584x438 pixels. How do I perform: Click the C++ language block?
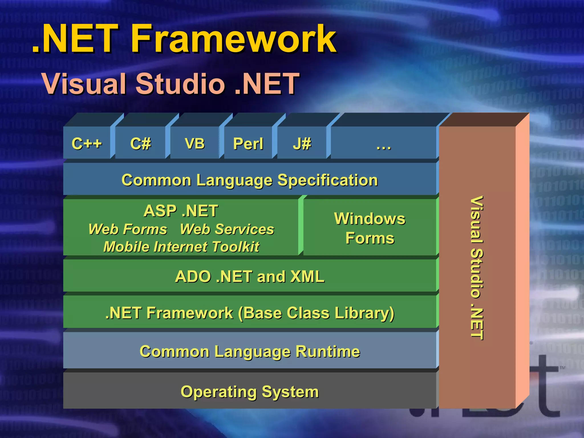87,143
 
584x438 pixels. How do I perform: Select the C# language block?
140,143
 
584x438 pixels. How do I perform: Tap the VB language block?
194,143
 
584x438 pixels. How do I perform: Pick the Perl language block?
248,143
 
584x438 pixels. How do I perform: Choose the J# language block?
302,143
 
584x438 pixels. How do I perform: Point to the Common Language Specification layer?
250,180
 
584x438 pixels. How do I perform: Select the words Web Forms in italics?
128,229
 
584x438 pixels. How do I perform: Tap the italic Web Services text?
227,229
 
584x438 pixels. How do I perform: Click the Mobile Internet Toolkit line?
181,247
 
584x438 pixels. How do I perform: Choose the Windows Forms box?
370,228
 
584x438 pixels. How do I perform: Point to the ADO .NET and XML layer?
250,276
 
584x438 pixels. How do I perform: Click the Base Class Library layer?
250,313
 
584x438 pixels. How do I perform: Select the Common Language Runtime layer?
250,351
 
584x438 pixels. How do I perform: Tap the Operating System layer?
250,392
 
